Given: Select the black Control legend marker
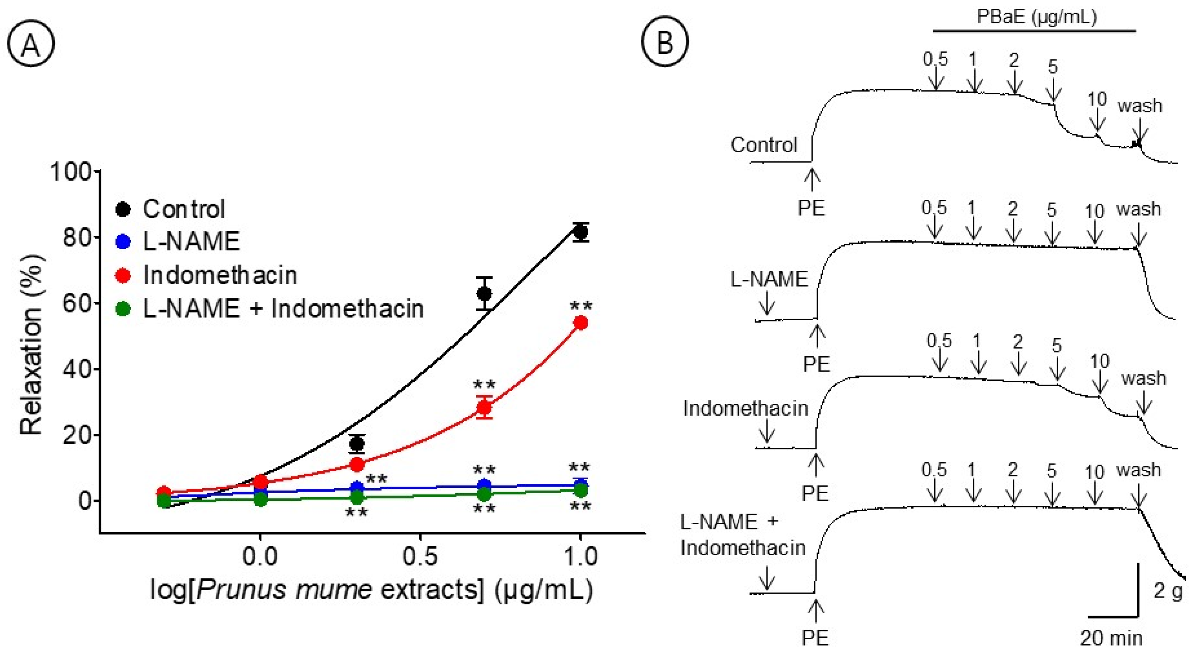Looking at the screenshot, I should pyautogui.click(x=123, y=209).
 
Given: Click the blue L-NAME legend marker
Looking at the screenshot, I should pyautogui.click(x=123, y=242).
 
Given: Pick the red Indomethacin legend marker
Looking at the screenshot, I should pyautogui.click(x=123, y=275).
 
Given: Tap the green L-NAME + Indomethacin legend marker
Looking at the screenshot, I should pyautogui.click(x=123, y=309).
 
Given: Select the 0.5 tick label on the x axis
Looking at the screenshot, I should pyautogui.click(x=420, y=556).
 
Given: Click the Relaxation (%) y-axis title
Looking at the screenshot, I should pyautogui.click(x=31, y=344).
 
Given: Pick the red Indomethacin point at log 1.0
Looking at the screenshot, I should pyautogui.click(x=581, y=323).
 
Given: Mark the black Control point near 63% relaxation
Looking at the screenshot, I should pyautogui.click(x=484, y=294).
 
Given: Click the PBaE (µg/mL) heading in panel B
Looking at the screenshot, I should pyautogui.click(x=1036, y=17).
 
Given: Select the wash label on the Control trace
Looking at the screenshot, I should pyautogui.click(x=1139, y=106).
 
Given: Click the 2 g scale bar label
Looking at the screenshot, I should pyautogui.click(x=1167, y=591).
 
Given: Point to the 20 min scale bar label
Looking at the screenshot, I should pyautogui.click(x=1111, y=638).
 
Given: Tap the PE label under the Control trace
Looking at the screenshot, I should pyautogui.click(x=811, y=208).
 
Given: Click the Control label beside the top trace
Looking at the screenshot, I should pyautogui.click(x=764, y=145).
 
